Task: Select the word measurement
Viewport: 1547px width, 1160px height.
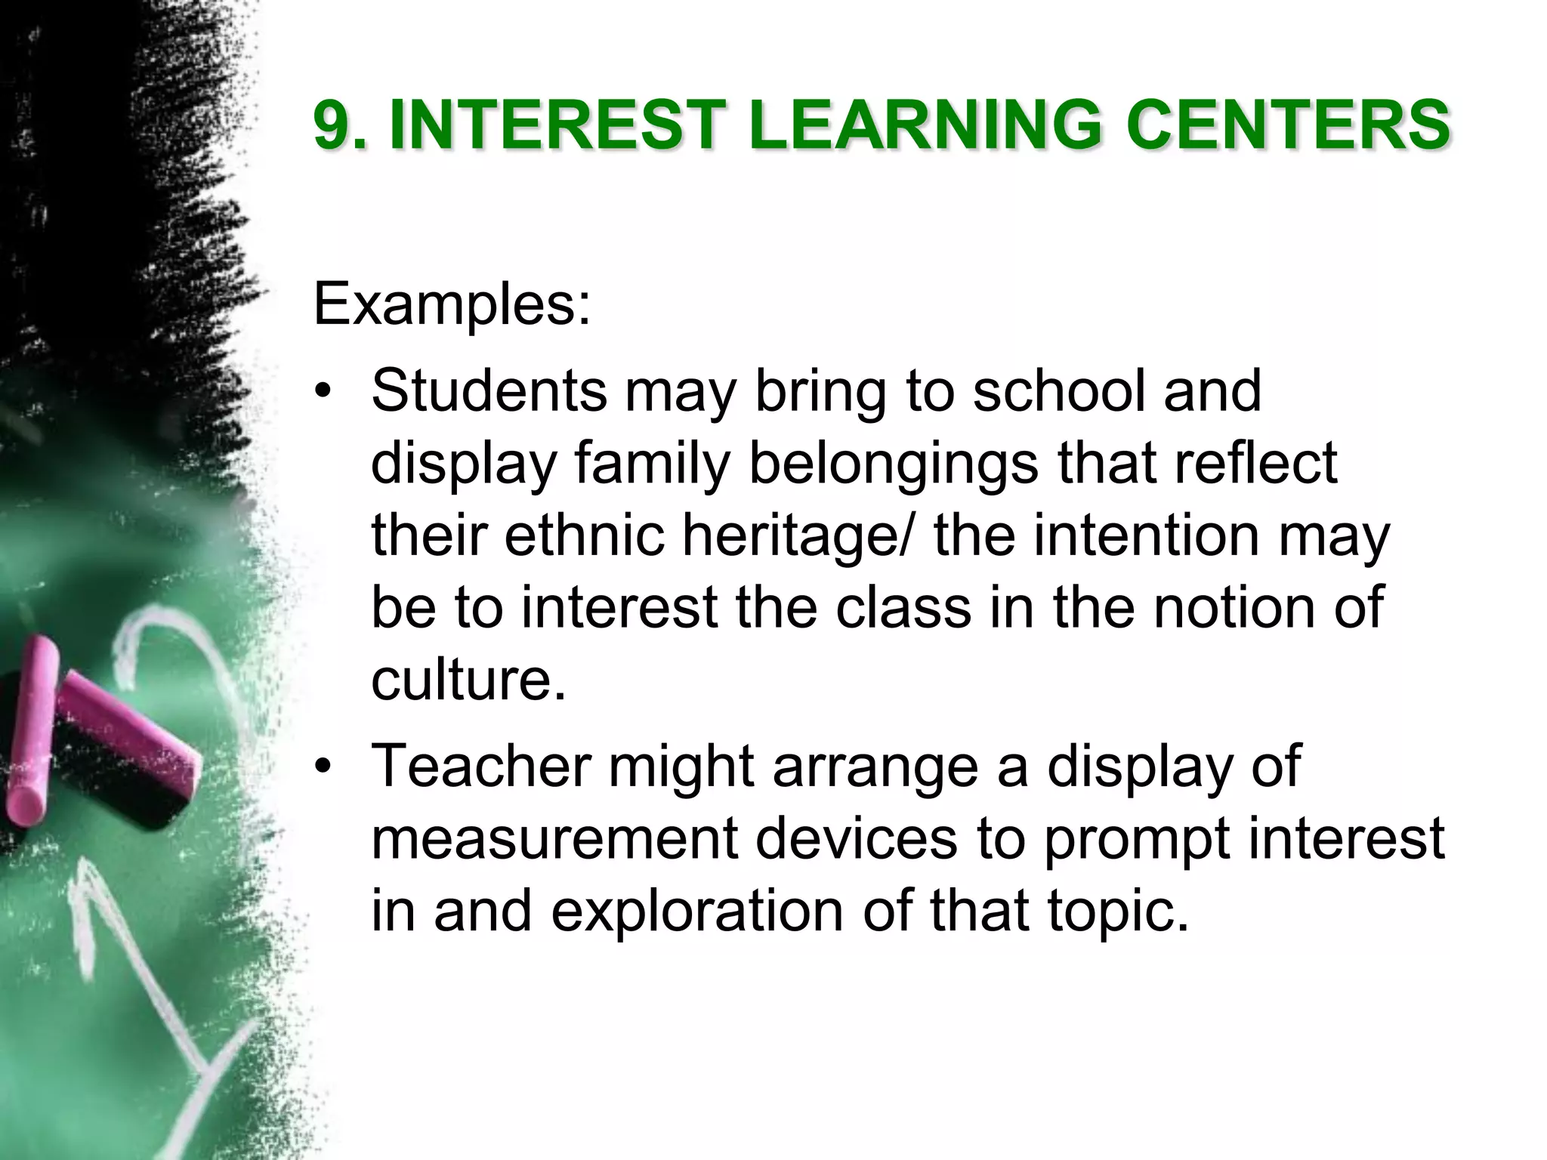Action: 554,838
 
